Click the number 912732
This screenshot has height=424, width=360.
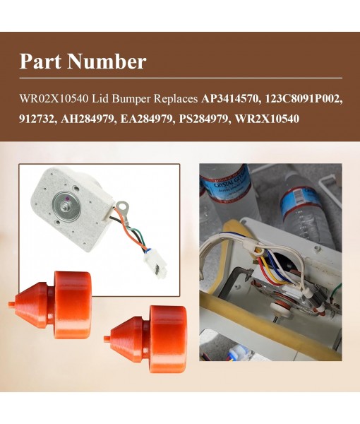[38, 118]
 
